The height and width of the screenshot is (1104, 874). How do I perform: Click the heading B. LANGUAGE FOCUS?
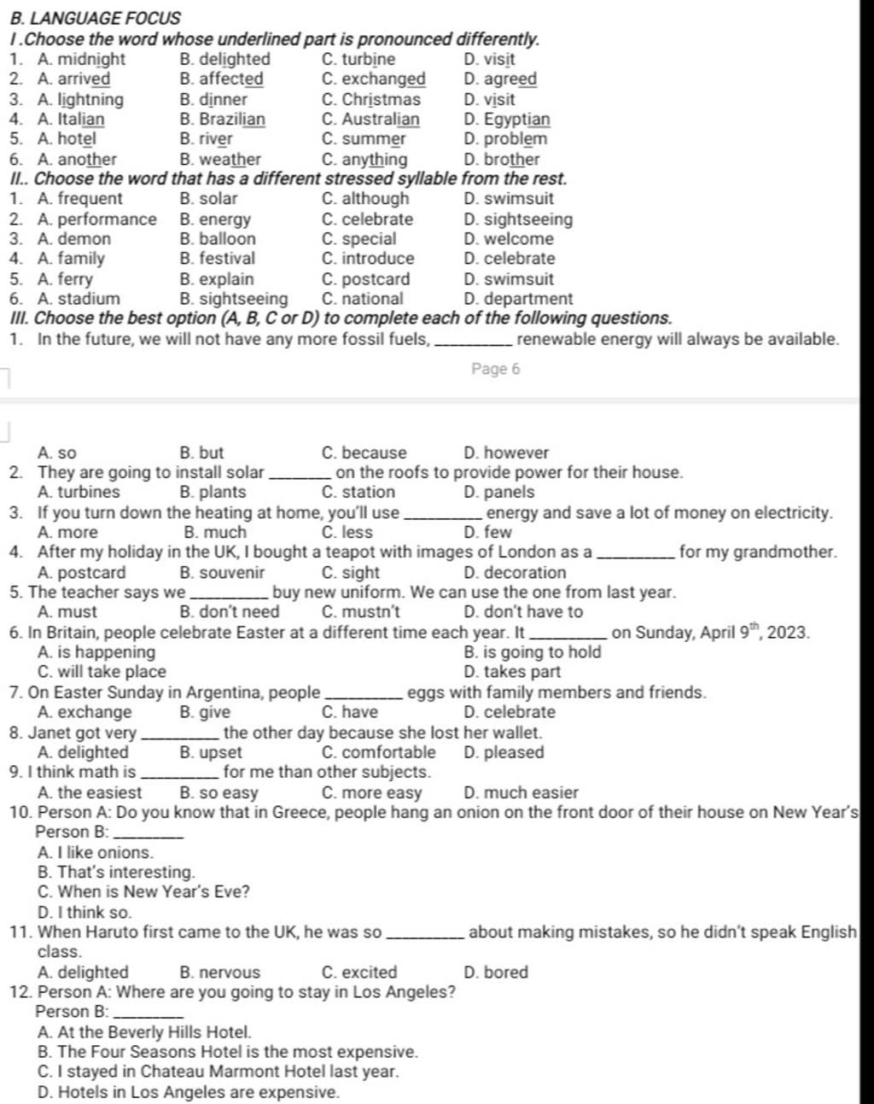click(x=94, y=17)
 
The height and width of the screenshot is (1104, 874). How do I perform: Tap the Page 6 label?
click(x=495, y=369)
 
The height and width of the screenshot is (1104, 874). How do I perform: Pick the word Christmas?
click(x=382, y=99)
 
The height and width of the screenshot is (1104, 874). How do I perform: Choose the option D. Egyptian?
click(x=507, y=120)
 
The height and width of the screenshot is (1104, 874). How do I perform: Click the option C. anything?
click(x=364, y=160)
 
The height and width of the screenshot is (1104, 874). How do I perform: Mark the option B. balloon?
click(x=218, y=239)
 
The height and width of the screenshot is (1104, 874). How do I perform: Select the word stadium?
click(x=89, y=299)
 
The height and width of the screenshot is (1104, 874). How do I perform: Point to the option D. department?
click(x=518, y=299)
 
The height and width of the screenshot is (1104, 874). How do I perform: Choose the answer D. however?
click(x=506, y=453)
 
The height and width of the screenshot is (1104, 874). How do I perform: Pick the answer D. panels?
click(x=499, y=492)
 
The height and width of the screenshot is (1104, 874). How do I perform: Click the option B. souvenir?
click(x=222, y=572)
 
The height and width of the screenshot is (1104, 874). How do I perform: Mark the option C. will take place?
click(x=102, y=672)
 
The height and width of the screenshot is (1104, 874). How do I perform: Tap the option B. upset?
click(x=211, y=752)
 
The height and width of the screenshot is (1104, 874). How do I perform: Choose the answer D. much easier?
click(x=521, y=792)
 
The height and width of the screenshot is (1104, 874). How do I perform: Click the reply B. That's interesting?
click(x=117, y=872)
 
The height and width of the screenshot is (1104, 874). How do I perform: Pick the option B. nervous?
click(x=220, y=972)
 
